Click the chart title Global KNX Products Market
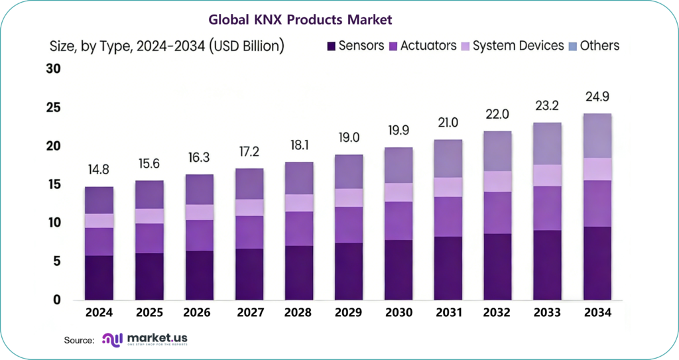tap(300, 19)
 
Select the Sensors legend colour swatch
tap(331, 46)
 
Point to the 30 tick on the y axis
tap(53, 69)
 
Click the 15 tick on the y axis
tap(53, 184)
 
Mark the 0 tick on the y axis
tap(57, 300)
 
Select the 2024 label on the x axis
tap(99, 312)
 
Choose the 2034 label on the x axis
tap(597, 312)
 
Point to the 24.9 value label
tap(597, 97)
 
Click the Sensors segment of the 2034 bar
tap(597, 263)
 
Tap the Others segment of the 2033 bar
tap(547, 143)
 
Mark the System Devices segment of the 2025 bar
tap(150, 216)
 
